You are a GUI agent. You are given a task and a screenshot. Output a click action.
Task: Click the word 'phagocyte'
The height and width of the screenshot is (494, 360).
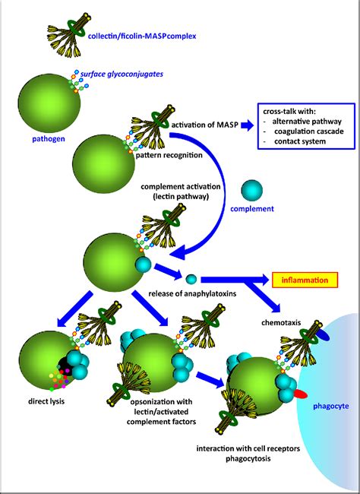331,406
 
